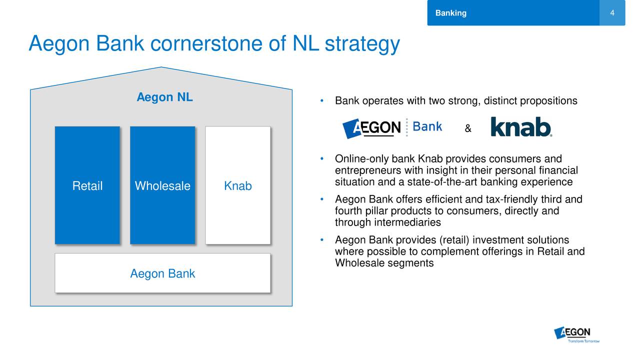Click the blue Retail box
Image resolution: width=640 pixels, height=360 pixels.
tap(87, 185)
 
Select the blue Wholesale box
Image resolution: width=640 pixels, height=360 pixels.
tap(162, 185)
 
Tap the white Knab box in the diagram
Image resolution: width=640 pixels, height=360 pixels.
tap(237, 185)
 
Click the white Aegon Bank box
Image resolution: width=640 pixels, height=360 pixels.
tap(162, 273)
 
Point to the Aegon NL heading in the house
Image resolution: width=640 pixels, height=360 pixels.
tap(164, 97)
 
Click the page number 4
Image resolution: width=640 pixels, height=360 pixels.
tap(612, 13)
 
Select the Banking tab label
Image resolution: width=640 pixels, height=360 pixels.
tap(451, 13)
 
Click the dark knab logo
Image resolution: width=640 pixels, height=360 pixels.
tap(521, 127)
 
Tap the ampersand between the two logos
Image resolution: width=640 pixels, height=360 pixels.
tap(468, 128)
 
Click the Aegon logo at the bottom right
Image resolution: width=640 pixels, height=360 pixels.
tap(576, 334)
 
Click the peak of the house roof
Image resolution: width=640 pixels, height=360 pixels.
tap(161, 67)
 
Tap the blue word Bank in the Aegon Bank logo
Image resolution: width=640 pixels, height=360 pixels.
tap(427, 126)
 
